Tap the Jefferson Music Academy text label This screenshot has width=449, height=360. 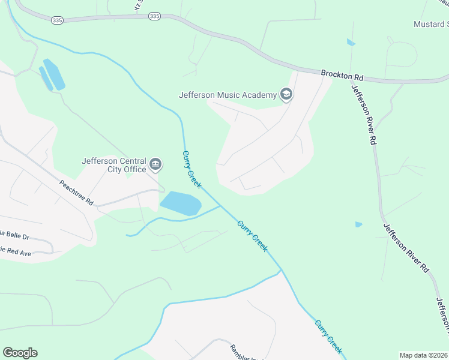(x=228, y=94)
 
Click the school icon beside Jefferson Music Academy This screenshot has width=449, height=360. (x=286, y=94)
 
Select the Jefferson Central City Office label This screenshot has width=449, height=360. (x=114, y=165)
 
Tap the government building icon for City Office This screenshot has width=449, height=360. (x=156, y=164)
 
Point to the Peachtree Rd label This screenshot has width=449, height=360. (x=76, y=193)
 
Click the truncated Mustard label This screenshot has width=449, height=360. (x=431, y=24)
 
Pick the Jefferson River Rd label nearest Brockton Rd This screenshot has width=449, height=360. (x=364, y=114)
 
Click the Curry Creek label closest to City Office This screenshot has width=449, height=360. (x=191, y=169)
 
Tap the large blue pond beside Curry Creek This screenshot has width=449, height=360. (x=180, y=203)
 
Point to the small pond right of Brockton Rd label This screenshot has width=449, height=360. (x=351, y=43)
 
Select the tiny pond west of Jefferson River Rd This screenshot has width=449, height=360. (x=358, y=224)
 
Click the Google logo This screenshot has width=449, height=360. (x=20, y=353)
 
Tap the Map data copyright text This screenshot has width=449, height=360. (x=424, y=355)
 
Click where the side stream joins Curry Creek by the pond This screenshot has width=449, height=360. (x=221, y=206)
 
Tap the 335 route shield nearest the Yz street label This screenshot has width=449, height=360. (x=154, y=16)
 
